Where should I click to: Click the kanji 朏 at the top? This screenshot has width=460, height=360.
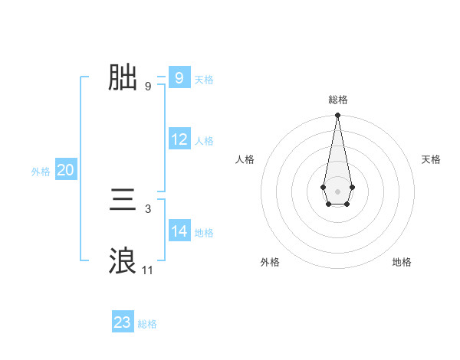pos(123,77)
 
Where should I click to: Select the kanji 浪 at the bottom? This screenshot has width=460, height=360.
pos(123,261)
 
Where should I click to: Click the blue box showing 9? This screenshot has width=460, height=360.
pos(179,78)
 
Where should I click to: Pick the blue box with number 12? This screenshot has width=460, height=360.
pos(179,139)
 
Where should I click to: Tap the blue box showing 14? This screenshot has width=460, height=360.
pos(179,231)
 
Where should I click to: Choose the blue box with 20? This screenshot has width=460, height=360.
pos(65,170)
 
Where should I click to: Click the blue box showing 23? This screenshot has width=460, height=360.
pos(123,322)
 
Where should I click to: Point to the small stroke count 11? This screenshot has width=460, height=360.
pos(147,270)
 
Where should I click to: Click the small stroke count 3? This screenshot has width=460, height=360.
pos(148,208)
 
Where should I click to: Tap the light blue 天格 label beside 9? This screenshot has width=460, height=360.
pos(204,80)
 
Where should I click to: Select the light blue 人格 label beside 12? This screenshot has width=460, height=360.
pos(204,141)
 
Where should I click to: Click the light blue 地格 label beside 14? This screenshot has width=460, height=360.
pos(204,233)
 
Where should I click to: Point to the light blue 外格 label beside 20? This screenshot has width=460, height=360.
pos(41,172)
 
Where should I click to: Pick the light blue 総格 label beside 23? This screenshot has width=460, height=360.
pos(147,324)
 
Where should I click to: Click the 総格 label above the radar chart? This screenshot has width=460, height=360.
pos(337,100)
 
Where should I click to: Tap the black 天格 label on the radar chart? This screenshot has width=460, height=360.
pos(432,159)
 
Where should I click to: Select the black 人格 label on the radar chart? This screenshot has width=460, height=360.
pos(245,159)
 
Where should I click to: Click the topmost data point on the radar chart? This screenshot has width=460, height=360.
pos(337,116)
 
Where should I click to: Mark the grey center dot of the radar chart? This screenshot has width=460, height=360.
pos(337,190)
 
